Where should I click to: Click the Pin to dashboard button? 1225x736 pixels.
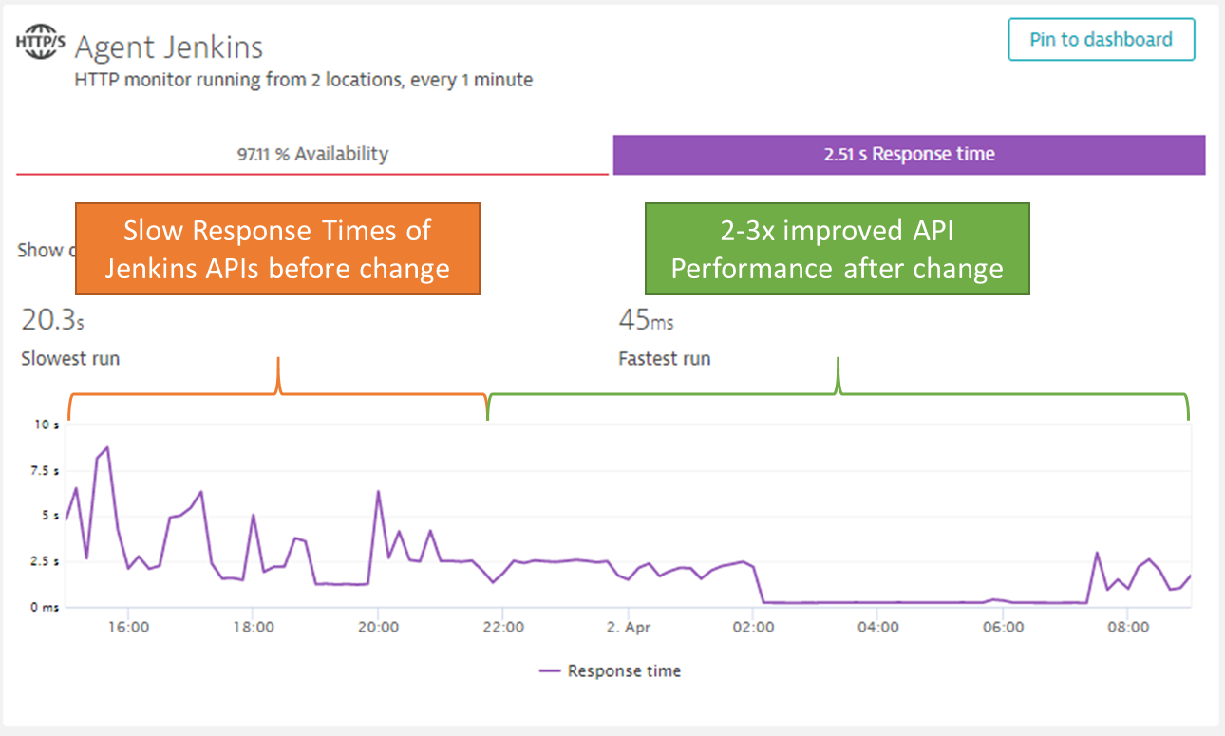(x=1101, y=40)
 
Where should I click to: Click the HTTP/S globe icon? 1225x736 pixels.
(x=42, y=47)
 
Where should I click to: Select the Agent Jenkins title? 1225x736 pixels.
(x=169, y=47)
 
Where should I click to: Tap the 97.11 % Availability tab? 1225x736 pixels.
(x=312, y=154)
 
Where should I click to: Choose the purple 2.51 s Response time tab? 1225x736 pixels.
(x=909, y=155)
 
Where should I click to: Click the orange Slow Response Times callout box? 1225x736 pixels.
(x=277, y=249)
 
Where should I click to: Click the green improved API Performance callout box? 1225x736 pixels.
(x=837, y=249)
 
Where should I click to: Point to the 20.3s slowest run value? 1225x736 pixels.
(x=52, y=321)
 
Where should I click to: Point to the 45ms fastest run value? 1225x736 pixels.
(x=646, y=321)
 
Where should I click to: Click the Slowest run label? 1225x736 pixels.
(x=70, y=359)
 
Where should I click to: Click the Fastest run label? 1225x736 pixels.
(x=664, y=359)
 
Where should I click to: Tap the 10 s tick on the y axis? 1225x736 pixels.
(x=47, y=425)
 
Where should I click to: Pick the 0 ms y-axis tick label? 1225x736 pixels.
(x=46, y=607)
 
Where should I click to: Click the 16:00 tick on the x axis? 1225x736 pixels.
(x=127, y=627)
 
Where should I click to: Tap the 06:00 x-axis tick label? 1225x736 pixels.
(x=1004, y=627)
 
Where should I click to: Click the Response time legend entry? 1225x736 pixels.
(x=623, y=671)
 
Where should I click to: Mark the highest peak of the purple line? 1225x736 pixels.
(x=107, y=446)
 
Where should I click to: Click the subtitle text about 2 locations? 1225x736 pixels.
(x=303, y=81)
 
